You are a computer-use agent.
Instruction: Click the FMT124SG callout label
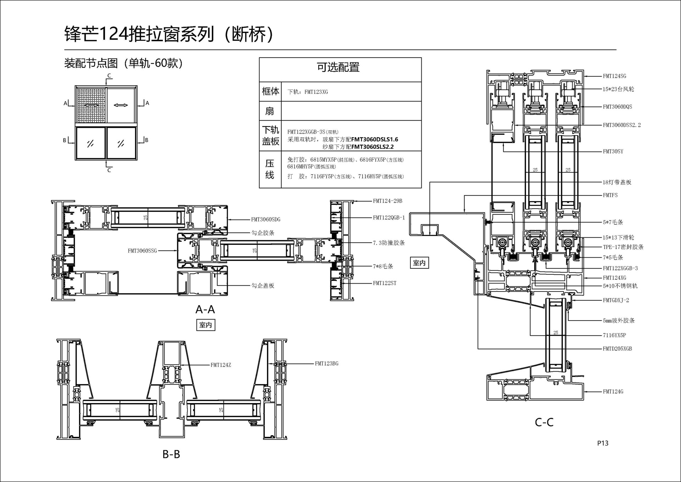point(614,76)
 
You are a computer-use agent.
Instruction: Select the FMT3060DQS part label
point(617,107)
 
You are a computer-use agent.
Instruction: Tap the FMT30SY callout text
point(613,152)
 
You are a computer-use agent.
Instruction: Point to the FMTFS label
point(610,195)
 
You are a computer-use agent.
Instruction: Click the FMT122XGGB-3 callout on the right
point(620,268)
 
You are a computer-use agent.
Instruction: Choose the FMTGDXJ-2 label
point(616,300)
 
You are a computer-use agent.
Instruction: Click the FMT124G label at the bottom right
point(613,392)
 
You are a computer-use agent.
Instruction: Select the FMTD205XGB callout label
point(617,349)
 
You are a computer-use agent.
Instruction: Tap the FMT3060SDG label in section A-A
point(266,220)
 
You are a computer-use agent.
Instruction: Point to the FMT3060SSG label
point(142,251)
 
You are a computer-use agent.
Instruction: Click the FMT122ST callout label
point(384,283)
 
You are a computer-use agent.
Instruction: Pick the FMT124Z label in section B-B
point(221,365)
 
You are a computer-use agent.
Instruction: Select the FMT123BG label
point(326,363)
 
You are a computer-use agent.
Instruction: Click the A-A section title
point(205,310)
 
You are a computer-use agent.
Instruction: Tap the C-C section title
point(544,422)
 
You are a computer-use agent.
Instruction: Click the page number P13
point(603,443)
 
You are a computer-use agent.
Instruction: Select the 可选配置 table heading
point(338,67)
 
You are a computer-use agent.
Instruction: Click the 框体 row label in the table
point(270,92)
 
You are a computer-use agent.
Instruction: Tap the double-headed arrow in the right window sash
point(121,105)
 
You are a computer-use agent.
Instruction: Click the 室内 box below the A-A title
point(206,325)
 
